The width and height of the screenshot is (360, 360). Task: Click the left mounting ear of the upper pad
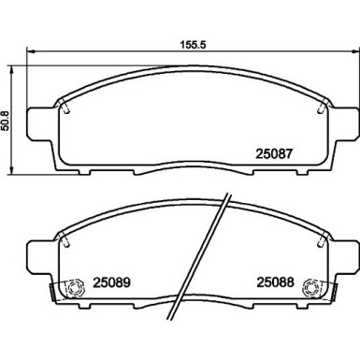[x=37, y=121]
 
